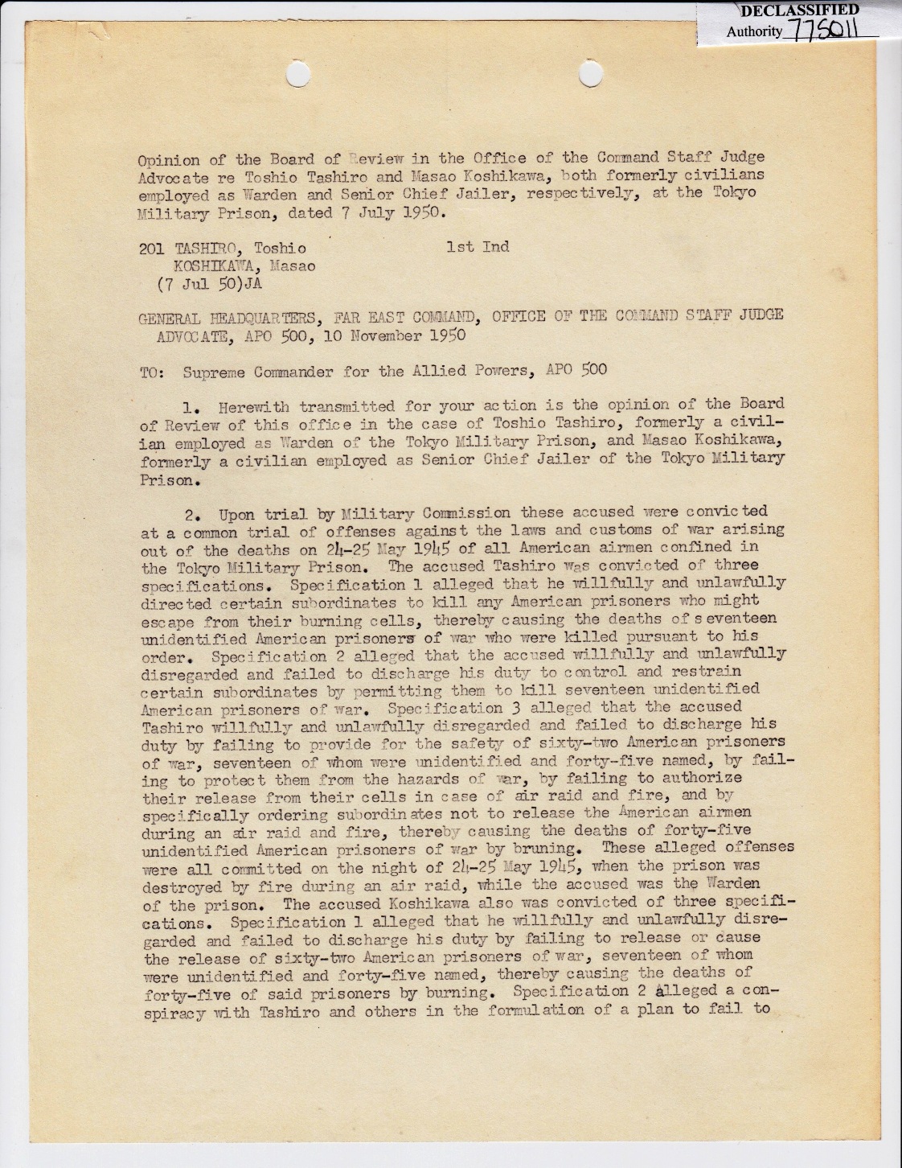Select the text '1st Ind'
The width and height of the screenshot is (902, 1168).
(x=478, y=247)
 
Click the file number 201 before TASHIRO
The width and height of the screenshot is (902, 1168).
(x=152, y=249)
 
